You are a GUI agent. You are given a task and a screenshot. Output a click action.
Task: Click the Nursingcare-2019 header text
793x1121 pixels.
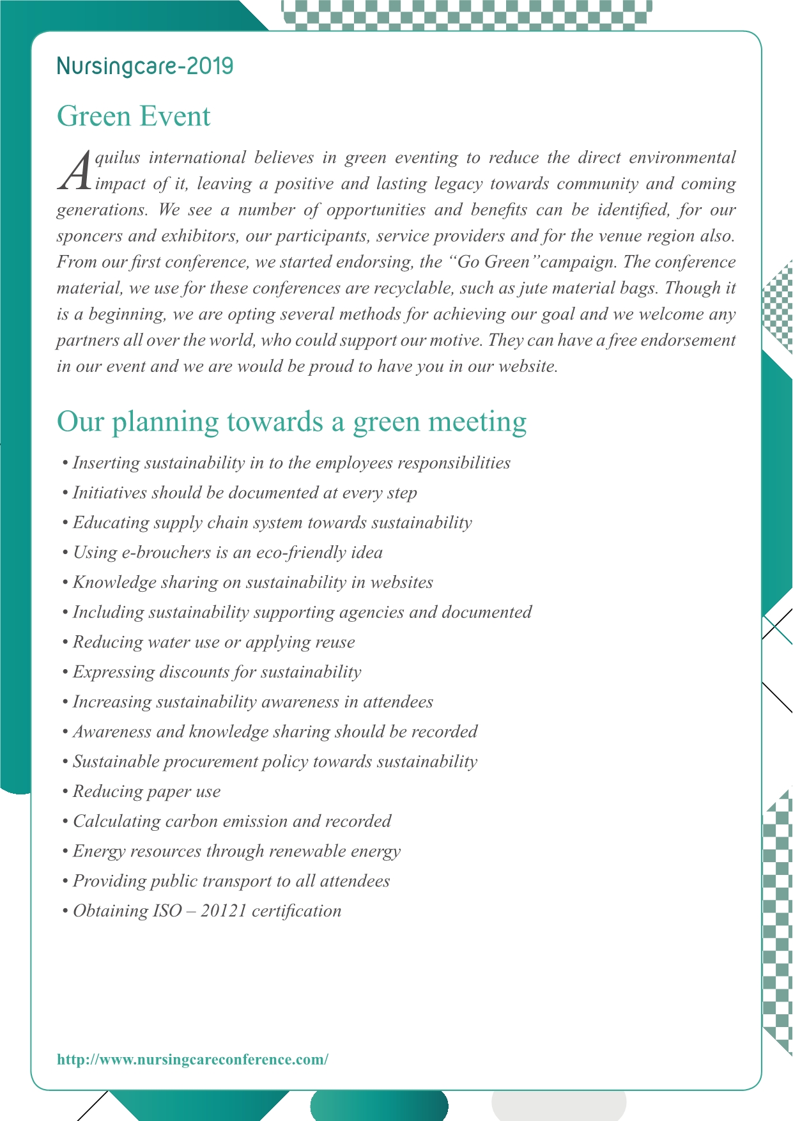pyautogui.click(x=145, y=66)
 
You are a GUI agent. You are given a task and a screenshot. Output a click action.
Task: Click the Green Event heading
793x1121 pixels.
pyautogui.click(x=134, y=116)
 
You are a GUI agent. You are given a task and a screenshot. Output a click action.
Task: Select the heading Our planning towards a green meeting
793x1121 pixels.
pyautogui.click(x=291, y=422)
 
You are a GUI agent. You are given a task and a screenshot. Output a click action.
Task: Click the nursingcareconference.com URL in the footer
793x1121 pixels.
pyautogui.click(x=192, y=1059)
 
